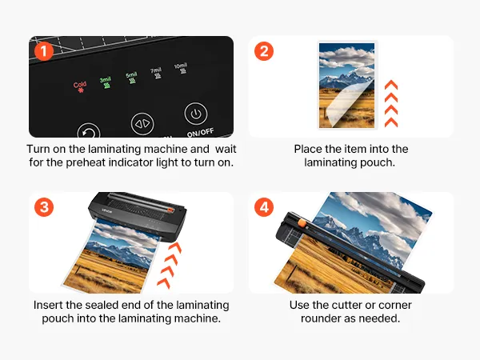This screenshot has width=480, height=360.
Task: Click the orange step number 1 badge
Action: tap(44, 51)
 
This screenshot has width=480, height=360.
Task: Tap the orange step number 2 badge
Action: tap(264, 51)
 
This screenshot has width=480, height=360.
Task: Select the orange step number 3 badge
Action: tap(44, 207)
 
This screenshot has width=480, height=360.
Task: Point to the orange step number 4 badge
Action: tap(264, 207)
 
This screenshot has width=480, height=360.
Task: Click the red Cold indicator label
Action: tap(80, 85)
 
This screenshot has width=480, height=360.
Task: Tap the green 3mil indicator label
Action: tap(105, 79)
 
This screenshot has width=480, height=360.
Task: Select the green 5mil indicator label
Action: tap(131, 74)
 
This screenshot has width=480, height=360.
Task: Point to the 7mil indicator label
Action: tap(156, 70)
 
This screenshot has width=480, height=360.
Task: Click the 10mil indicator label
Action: tap(181, 66)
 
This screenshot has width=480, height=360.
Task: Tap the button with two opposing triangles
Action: tap(142, 124)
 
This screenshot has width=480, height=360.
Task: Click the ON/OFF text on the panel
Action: tap(200, 133)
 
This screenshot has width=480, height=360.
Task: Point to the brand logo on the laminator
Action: tap(107, 211)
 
